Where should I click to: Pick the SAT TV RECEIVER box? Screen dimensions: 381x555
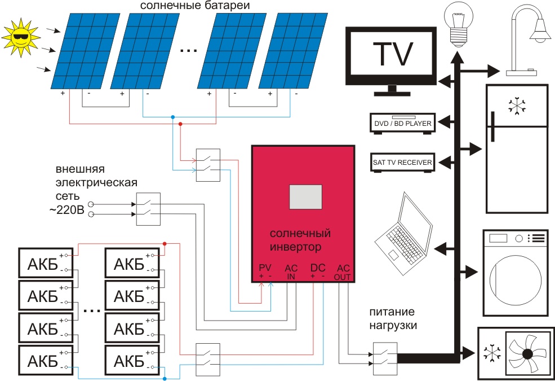click(402, 163)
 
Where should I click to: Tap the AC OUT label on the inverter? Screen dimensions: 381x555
click(343, 271)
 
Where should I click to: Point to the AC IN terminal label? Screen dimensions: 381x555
click(291, 271)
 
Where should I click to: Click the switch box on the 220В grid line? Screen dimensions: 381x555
click(148, 210)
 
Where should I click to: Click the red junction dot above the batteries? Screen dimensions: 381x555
click(165, 244)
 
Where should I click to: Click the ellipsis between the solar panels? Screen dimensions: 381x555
click(188, 51)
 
